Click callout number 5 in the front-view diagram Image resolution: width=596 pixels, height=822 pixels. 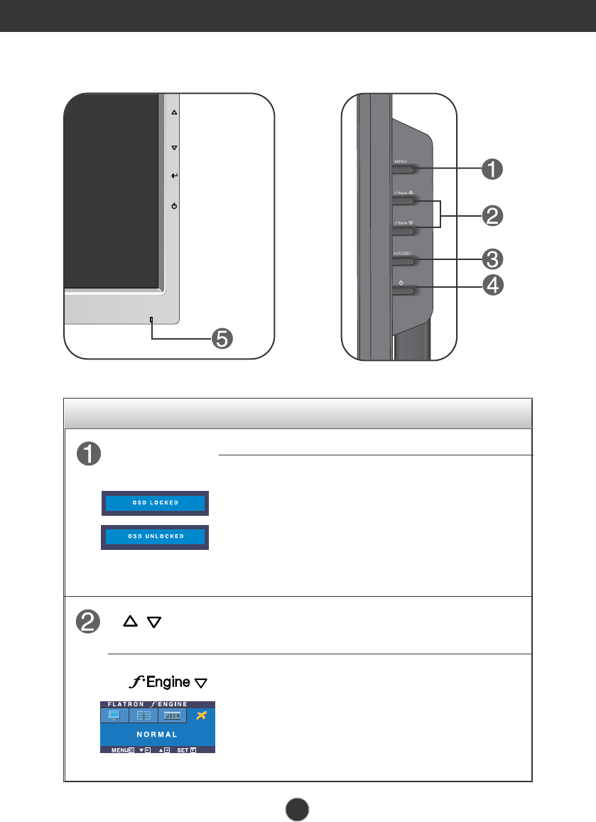coord(222,339)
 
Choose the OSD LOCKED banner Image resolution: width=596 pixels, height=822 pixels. coord(156,503)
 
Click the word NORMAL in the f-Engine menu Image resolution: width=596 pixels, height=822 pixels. coord(158,734)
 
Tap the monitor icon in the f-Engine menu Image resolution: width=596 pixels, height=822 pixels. coord(114,715)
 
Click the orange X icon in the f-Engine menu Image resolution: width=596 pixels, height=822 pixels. coord(202,715)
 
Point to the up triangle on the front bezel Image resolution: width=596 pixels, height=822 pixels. coord(174,112)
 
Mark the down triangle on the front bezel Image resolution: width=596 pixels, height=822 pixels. coord(174,148)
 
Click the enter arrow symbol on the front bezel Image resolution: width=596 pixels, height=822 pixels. coord(174,175)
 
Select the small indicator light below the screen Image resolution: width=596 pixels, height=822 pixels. coord(151,318)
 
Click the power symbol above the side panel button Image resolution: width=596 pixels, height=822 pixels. coord(401,282)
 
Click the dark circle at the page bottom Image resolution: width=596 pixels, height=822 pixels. coord(298,807)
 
